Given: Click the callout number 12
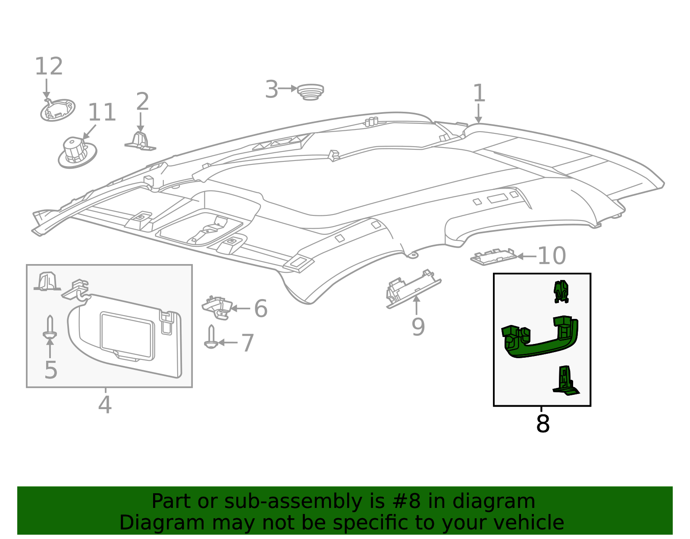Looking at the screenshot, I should point(49,66).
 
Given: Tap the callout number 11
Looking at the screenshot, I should point(102,113).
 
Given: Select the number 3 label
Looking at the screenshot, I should point(271,90).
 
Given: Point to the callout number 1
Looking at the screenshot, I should point(479,93).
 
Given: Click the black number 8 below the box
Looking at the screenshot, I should point(543,424).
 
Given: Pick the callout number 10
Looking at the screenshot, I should point(552,256).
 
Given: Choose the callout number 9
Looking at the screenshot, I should point(418,327).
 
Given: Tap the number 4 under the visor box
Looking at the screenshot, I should point(105,405).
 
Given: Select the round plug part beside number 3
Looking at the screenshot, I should point(310,92).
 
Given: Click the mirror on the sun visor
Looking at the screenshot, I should point(127,336).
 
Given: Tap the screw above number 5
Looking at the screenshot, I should point(50,328).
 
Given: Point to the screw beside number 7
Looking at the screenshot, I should point(211,337).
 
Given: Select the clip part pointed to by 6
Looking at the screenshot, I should point(218,307).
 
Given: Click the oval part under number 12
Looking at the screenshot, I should point(58,110).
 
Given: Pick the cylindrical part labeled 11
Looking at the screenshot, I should point(77,151).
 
